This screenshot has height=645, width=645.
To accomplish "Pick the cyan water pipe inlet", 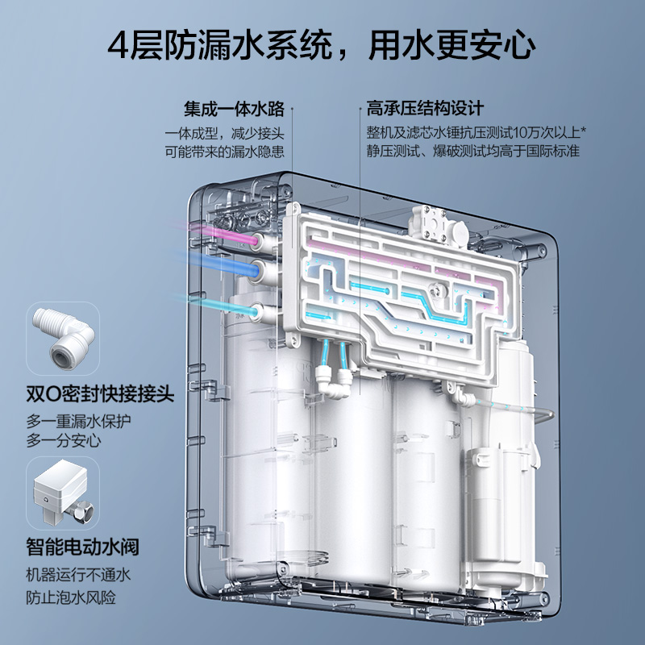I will click(x=256, y=310).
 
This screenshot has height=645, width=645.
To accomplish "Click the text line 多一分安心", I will click(x=62, y=441).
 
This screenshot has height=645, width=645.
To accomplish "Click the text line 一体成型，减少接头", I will click(x=228, y=131).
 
